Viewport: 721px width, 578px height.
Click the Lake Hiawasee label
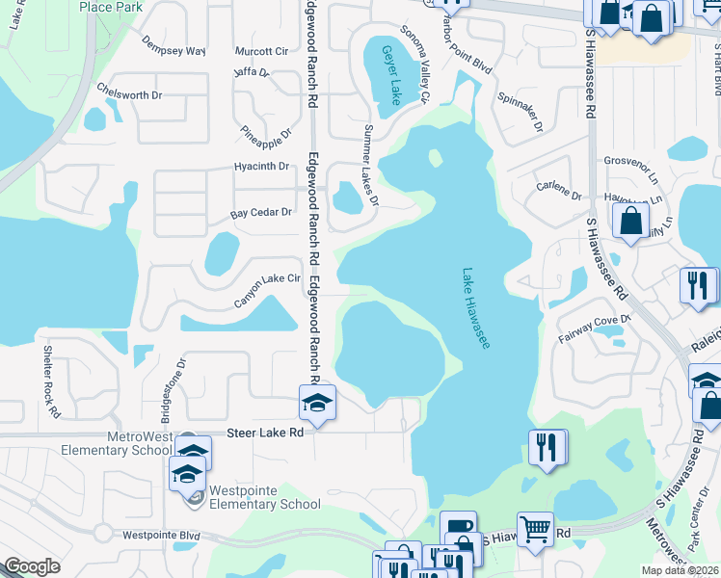476,308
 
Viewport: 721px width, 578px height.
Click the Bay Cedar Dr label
259,212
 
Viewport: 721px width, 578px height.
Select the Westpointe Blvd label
160,535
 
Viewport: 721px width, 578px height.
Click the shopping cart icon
535,528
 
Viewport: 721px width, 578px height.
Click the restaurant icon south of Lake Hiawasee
547,448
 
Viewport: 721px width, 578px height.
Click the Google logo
32,567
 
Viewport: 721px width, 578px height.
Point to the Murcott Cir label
261,51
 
